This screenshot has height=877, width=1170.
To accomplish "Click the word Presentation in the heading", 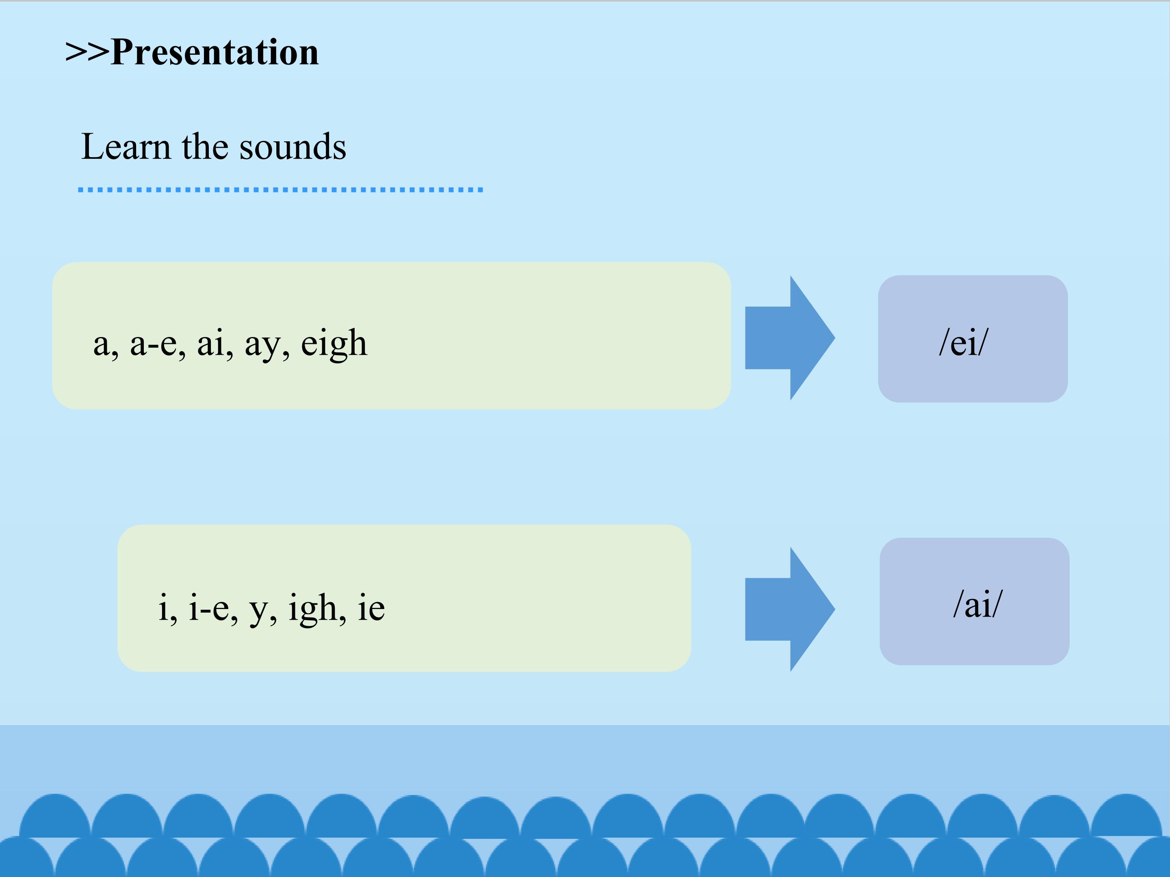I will (x=215, y=53).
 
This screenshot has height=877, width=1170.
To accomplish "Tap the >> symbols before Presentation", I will (x=87, y=53).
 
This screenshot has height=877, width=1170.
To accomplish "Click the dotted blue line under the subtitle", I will (x=280, y=190).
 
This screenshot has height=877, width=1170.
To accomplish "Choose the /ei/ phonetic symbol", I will (x=963, y=343).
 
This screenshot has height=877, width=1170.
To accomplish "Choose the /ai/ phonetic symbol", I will (x=977, y=605).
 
